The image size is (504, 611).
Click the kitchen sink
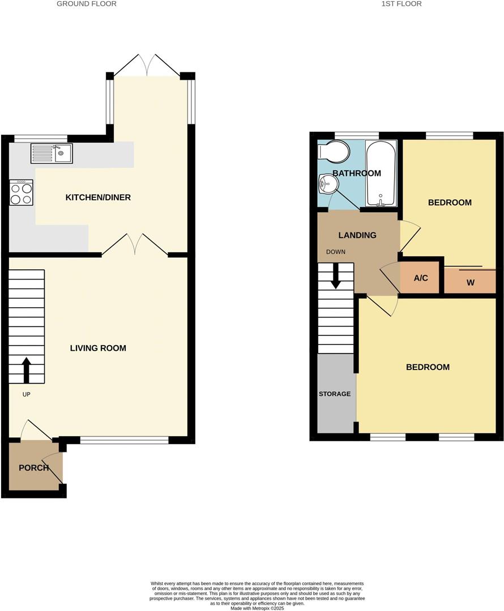tap(52, 153)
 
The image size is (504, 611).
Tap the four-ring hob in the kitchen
tap(21, 192)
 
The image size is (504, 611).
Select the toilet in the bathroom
tap(334, 151)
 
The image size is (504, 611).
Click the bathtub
tap(381, 174)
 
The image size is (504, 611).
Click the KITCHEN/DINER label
tap(98, 197)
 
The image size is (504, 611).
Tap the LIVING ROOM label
tap(98, 348)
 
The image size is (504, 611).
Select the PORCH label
tap(33, 468)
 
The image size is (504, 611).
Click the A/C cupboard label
tap(421, 278)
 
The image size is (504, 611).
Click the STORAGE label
tap(335, 394)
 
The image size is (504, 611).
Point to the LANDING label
tap(357, 235)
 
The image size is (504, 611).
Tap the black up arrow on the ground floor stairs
tap(26, 370)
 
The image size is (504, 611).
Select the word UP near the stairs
tap(26, 394)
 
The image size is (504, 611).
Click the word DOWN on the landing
tap(336, 252)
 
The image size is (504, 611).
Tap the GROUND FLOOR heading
tap(87, 4)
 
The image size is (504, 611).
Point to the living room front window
tap(124, 440)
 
